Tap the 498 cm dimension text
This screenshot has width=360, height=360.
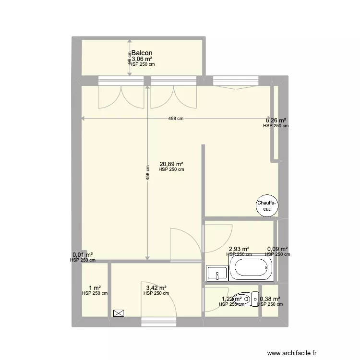pos(176,119)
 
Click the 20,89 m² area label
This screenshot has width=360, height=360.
pos(171,163)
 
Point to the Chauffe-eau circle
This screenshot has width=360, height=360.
pos(265,206)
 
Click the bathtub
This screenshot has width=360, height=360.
pos(251,270)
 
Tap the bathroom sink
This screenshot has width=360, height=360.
pos(217,274)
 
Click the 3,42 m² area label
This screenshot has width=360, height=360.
pos(156,288)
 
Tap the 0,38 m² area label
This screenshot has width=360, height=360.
pos(270,299)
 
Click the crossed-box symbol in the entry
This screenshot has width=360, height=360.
pos(118,313)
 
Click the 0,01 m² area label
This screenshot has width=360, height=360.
pos(83,255)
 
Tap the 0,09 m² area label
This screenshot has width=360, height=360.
pos(277,249)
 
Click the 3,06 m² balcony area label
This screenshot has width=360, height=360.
pos(142,59)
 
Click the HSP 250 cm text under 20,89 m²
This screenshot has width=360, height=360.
pos(171,169)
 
